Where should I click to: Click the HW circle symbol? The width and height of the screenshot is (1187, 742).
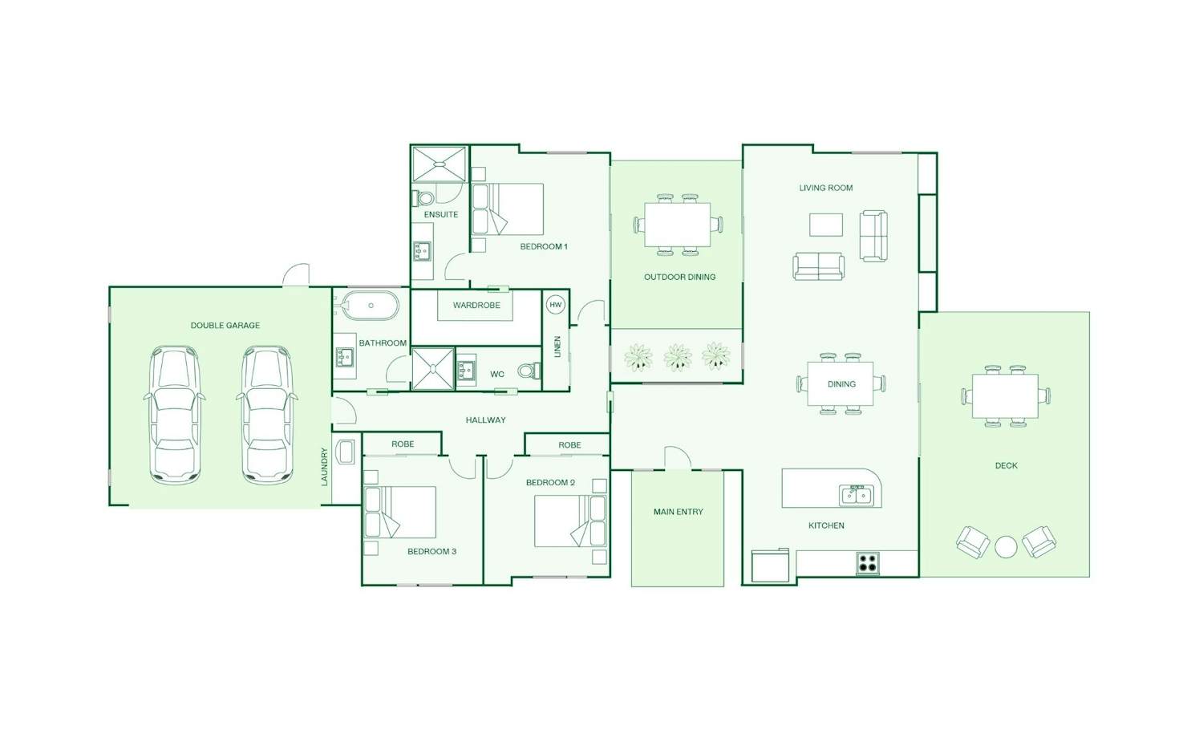point(555,305)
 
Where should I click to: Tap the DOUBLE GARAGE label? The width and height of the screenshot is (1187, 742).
point(225,326)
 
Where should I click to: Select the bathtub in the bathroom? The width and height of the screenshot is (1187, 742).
point(370,306)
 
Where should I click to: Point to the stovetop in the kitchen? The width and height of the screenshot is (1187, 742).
point(868,563)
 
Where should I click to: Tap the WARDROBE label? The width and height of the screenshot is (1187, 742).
point(476,306)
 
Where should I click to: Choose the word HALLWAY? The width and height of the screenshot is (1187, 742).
point(485,420)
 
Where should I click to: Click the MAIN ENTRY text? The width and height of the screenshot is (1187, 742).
point(679,512)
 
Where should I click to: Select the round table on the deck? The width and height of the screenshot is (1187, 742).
point(1006,548)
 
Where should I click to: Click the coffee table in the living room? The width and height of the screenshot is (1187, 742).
point(825,225)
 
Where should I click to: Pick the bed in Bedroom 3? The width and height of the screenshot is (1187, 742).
point(400,513)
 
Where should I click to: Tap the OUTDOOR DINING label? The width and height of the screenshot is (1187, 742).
point(679,278)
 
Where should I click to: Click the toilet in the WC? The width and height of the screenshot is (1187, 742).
point(529,371)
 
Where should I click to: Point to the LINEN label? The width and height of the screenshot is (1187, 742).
point(557,347)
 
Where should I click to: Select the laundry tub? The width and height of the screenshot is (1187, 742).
point(346,452)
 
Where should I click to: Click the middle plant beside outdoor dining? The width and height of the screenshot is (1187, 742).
point(678,357)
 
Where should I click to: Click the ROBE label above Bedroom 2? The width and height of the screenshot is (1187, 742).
point(569,445)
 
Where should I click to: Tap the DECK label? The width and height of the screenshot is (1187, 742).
point(1006,466)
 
